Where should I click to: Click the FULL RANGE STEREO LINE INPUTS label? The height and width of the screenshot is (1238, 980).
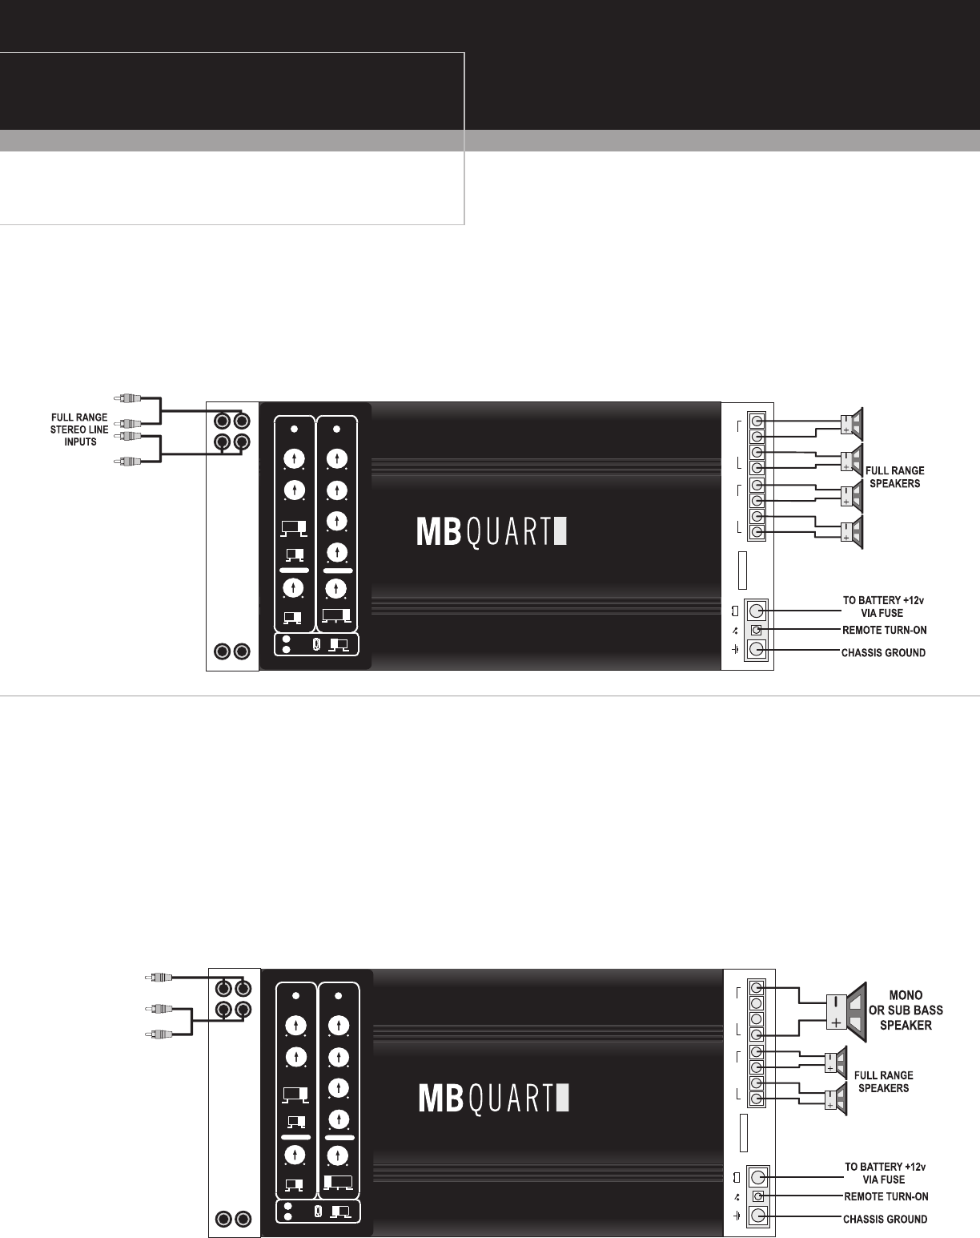80,429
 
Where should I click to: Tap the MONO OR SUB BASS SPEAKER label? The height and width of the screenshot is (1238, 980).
906,1010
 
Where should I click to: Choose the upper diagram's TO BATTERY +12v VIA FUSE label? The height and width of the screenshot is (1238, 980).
878,607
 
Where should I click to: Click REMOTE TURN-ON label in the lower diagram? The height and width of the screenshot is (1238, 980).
886,1197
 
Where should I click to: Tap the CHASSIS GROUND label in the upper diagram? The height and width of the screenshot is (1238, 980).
883,653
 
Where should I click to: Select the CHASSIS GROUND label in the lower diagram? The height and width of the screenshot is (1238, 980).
886,1220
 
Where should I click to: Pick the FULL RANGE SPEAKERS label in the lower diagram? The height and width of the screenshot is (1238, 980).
883,1082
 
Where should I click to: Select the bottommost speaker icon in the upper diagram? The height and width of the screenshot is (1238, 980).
853,533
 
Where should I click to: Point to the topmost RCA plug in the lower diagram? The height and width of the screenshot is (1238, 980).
157,978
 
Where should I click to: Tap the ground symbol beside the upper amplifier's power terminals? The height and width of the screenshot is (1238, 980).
735,648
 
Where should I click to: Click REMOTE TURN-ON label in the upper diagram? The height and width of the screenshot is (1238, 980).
885,631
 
